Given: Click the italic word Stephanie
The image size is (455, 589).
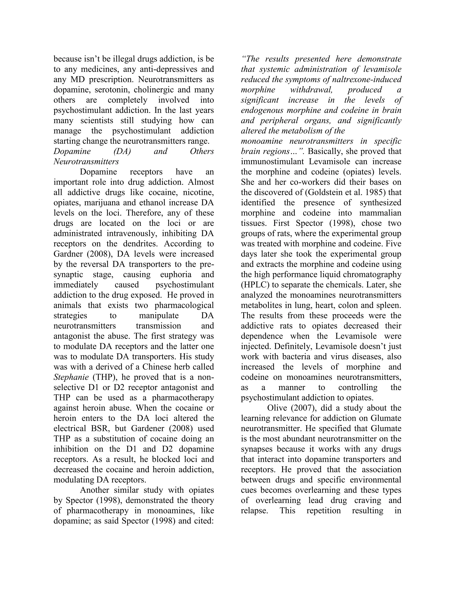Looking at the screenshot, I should (71, 377).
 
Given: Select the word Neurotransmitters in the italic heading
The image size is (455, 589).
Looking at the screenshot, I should (86, 162).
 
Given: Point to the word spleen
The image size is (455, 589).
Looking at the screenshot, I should (388, 305).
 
